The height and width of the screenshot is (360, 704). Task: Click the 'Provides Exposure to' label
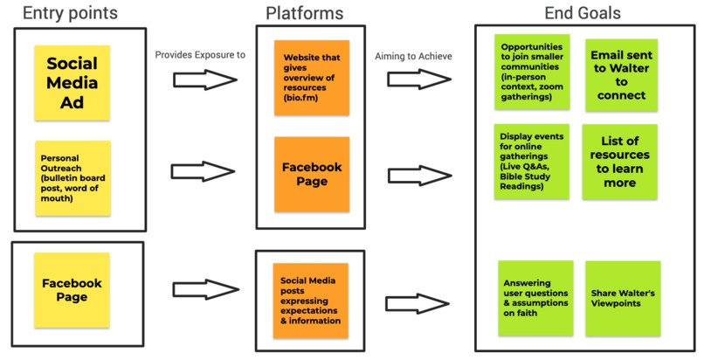pyautogui.click(x=200, y=54)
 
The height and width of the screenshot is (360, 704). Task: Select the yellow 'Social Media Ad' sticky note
pyautogui.click(x=72, y=83)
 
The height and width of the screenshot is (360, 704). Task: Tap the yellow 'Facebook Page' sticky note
pyautogui.click(x=72, y=290)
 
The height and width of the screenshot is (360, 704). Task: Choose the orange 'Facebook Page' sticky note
pyautogui.click(x=311, y=173)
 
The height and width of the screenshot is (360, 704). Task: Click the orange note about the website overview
pyautogui.click(x=311, y=77)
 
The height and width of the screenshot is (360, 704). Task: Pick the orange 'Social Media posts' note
pyautogui.click(x=310, y=301)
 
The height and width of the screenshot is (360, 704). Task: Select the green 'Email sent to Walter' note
pyautogui.click(x=621, y=73)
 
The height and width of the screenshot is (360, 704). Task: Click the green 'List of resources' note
pyautogui.click(x=621, y=161)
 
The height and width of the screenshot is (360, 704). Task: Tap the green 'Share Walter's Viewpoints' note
pyautogui.click(x=622, y=297)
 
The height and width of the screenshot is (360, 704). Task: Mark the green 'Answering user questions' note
pyautogui.click(x=535, y=297)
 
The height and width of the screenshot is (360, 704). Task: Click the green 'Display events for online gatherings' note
pyautogui.click(x=532, y=161)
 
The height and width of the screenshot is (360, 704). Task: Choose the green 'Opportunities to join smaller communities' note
pyautogui.click(x=532, y=73)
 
